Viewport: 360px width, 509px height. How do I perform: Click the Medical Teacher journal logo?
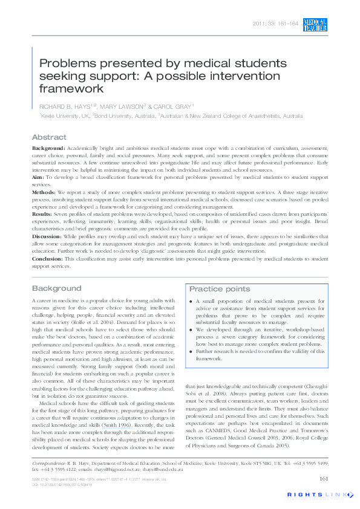(x=315, y=24)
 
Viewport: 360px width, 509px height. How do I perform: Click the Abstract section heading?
(x=49, y=137)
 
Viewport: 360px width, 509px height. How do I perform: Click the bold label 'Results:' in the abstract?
(x=42, y=213)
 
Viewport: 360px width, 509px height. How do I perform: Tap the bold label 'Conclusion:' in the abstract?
(x=48, y=258)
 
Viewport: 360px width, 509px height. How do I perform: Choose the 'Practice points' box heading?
(x=220, y=289)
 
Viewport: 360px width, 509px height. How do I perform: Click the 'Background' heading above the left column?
(x=56, y=288)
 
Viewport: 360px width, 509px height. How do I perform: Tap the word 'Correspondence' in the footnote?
(x=49, y=462)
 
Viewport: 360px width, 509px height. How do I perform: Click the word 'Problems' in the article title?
(x=64, y=63)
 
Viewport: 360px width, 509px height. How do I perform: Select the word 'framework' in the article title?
(x=70, y=88)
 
